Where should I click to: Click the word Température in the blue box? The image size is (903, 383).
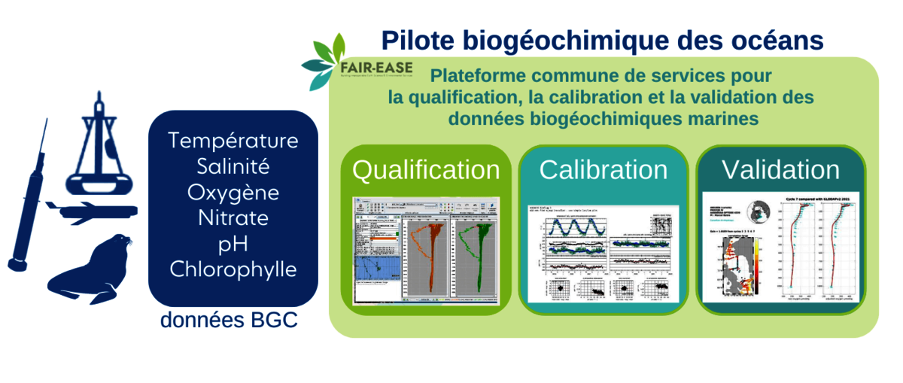233,141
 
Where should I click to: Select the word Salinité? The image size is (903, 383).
233,166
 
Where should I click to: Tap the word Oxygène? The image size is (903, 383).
233,193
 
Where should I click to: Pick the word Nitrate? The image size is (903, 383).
233,218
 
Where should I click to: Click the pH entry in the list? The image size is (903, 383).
233,244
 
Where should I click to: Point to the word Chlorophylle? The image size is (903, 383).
233,269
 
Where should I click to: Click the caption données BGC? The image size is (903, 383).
229,321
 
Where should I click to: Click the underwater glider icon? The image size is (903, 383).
90,211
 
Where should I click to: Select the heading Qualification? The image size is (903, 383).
426,170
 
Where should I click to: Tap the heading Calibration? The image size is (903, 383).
603,170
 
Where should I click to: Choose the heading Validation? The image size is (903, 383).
780,170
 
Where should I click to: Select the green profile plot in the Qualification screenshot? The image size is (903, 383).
477,248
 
